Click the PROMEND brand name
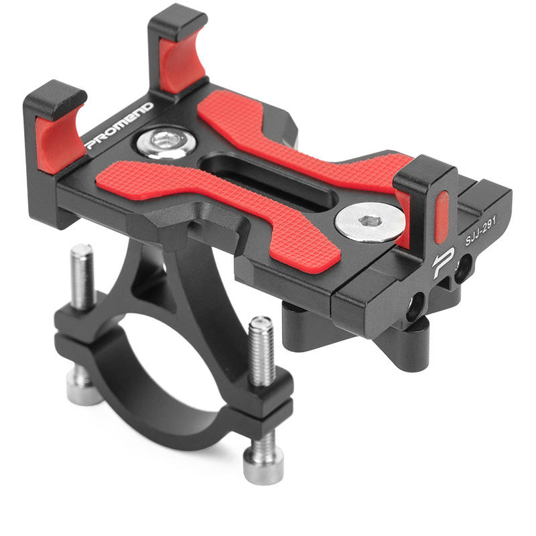coord(120,125)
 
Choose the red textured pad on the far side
coord(301,134)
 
